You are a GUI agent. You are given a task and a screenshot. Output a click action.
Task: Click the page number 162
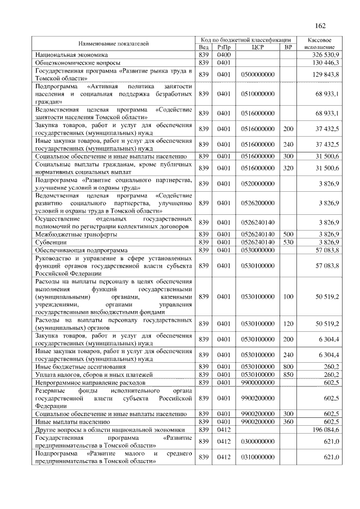(321, 26)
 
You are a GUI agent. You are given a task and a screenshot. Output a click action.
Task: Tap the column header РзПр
(224, 47)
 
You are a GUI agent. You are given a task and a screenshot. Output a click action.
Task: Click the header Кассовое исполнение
(319, 43)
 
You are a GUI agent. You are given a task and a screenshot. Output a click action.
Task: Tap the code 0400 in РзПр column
(224, 55)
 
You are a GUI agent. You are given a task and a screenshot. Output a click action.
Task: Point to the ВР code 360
(289, 421)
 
